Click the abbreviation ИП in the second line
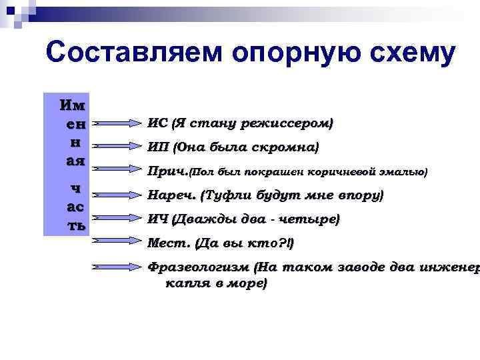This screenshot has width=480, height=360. [x=157, y=147]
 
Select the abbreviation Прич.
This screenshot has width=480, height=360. [x=167, y=171]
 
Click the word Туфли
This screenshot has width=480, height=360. [x=229, y=195]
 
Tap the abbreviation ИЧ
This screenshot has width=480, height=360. [x=157, y=219]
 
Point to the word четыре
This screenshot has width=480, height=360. [x=313, y=219]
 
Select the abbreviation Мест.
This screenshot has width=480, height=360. [x=167, y=243]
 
